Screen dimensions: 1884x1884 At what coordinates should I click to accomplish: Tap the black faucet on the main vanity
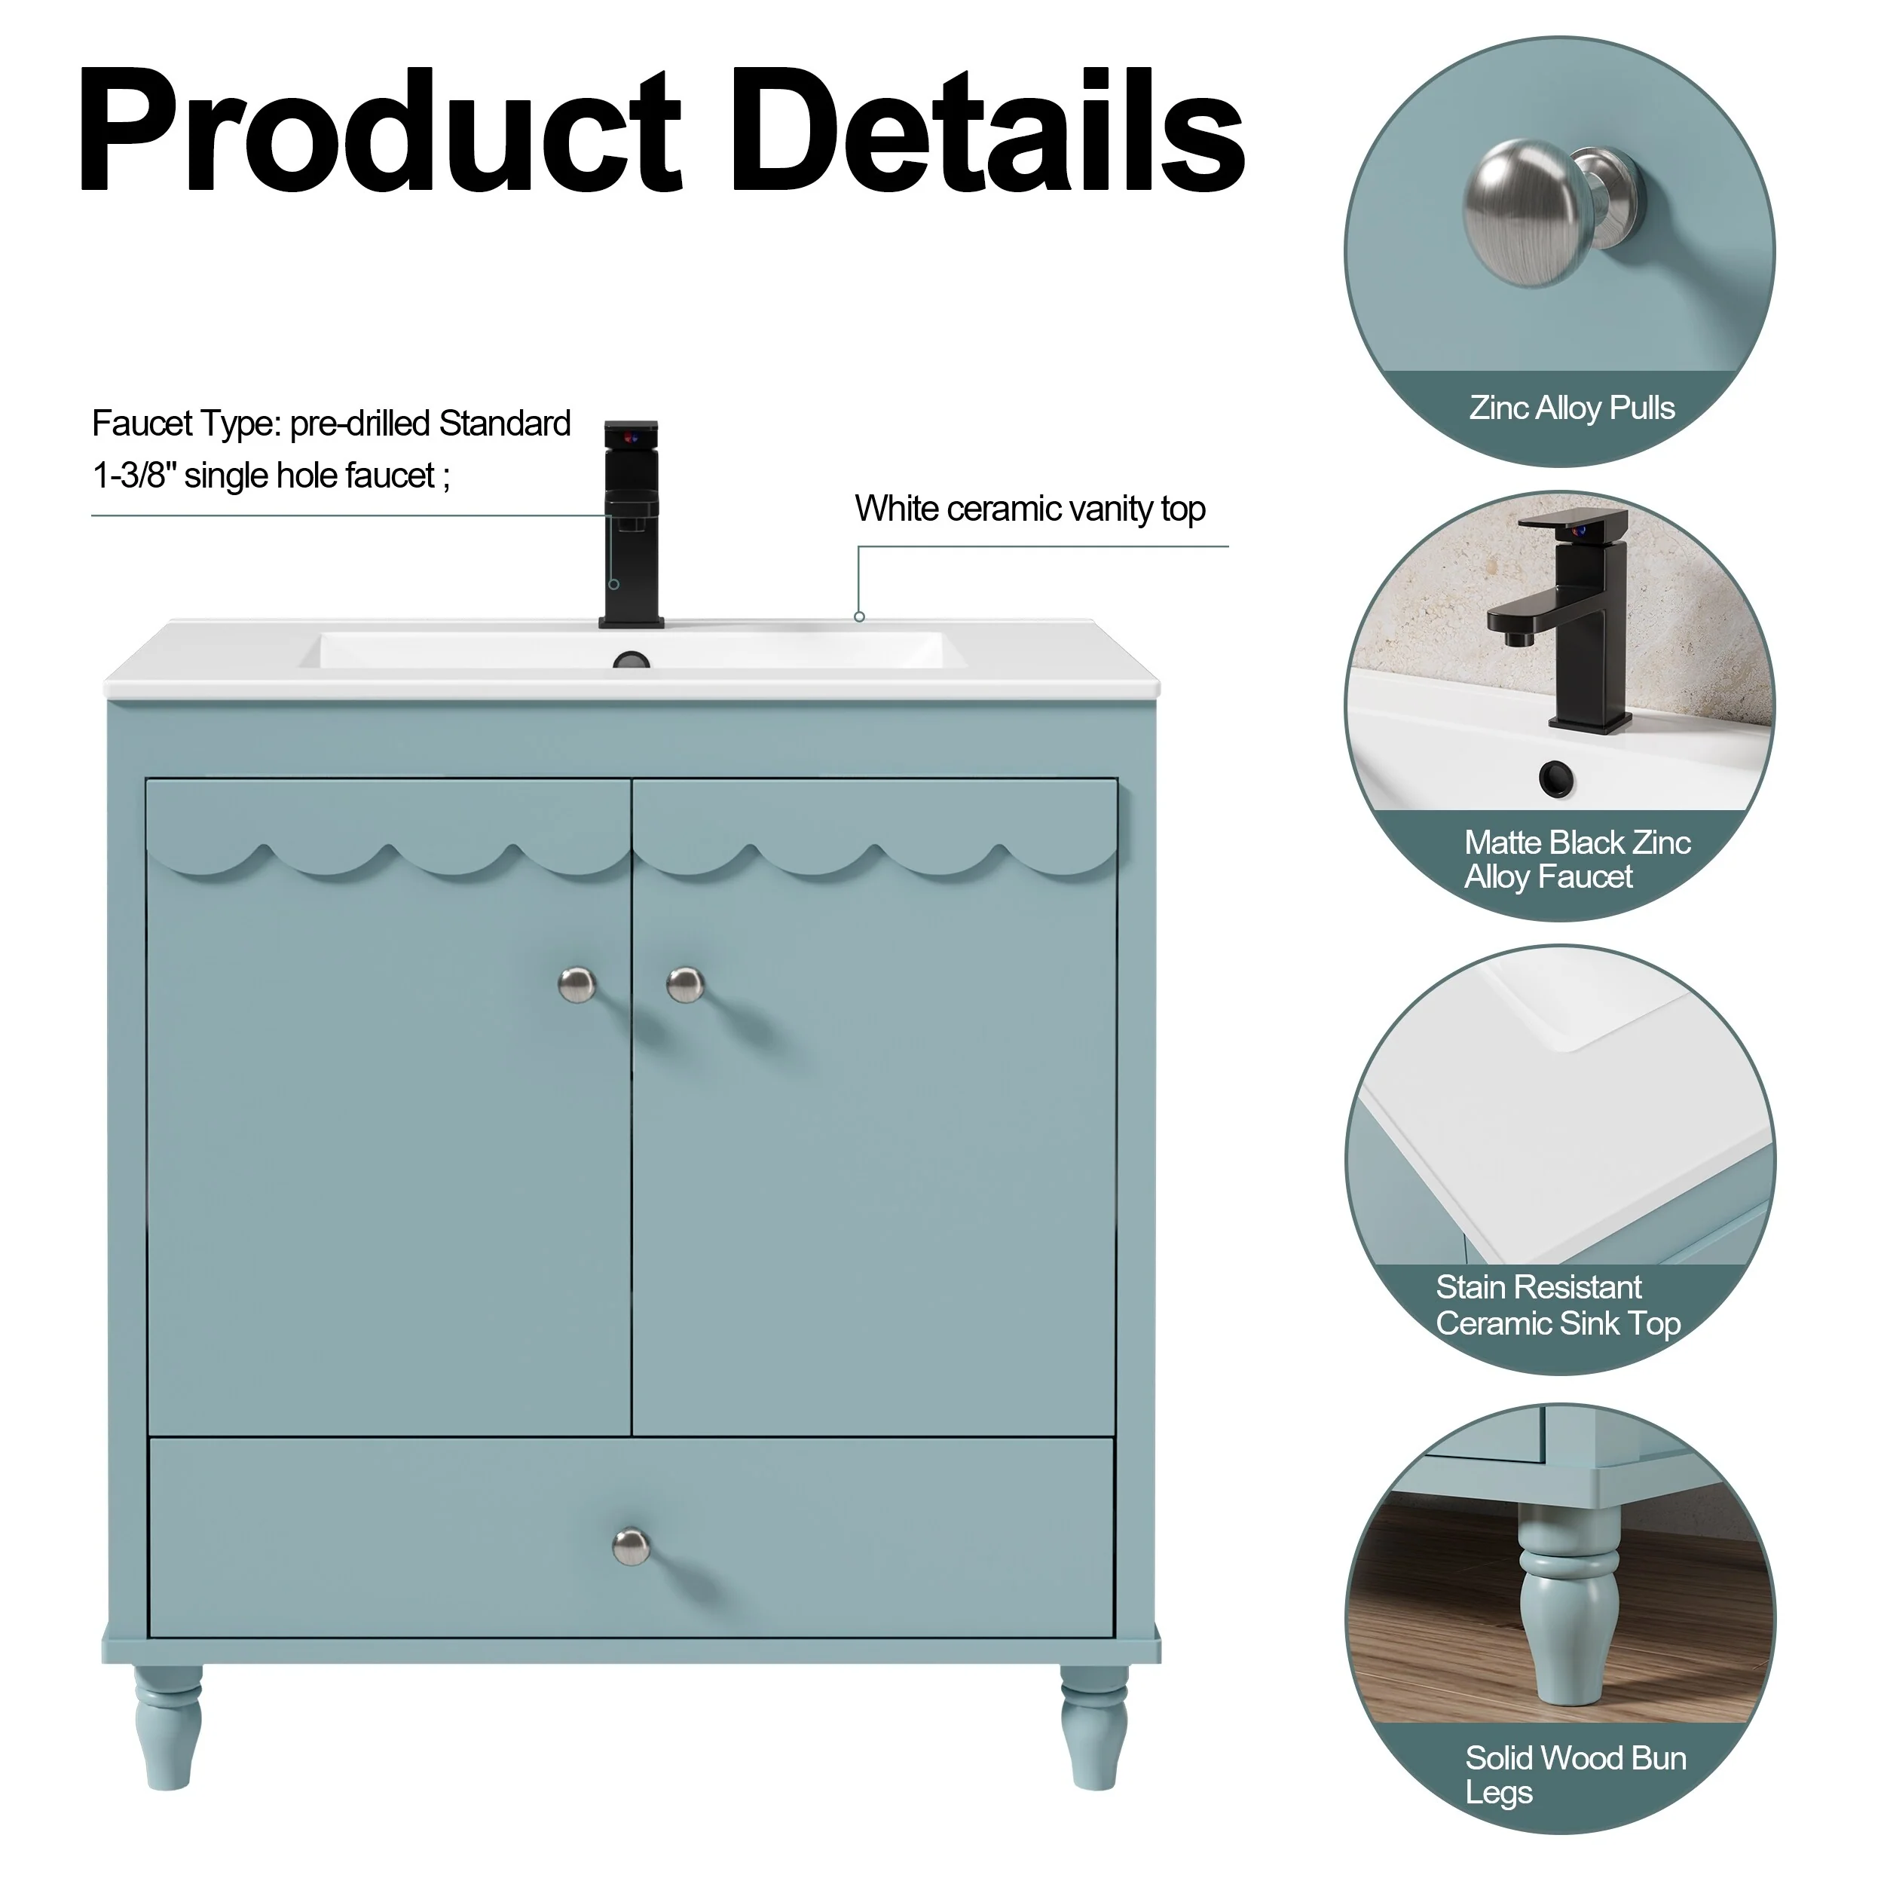tap(631, 524)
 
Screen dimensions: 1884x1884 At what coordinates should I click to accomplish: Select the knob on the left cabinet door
tap(577, 984)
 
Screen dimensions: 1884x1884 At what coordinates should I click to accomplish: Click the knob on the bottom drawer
tap(631, 1546)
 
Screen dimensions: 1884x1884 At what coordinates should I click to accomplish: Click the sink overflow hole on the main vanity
tap(631, 661)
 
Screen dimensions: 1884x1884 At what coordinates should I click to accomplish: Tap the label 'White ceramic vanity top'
tap(1029, 509)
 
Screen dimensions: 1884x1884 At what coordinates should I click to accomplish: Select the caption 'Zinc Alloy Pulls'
tap(1572, 408)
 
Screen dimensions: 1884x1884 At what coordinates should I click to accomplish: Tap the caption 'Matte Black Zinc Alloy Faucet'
tap(1577, 859)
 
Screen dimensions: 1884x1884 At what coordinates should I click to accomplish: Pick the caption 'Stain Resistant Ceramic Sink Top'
tap(1558, 1304)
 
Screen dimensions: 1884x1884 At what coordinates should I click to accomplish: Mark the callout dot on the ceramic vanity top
tap(859, 616)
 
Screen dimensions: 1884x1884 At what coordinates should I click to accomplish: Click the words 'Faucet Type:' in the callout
tap(186, 424)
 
